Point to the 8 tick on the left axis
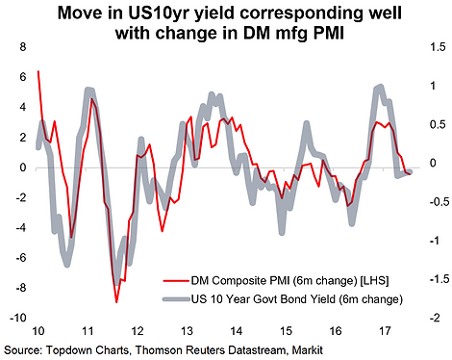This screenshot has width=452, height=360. point(23,47)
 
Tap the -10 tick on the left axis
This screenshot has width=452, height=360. point(18,318)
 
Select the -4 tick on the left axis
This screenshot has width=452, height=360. point(20,227)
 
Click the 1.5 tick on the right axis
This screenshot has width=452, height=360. point(438,47)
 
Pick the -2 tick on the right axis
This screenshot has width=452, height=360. point(435,318)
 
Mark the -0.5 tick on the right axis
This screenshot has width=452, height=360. point(438,202)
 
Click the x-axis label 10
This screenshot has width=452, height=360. point(38,331)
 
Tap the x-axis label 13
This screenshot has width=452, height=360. point(187,331)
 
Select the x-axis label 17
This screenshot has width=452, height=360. point(385,331)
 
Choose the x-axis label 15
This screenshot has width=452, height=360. point(286,331)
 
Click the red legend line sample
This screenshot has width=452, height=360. point(176,281)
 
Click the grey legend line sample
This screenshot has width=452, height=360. point(176,299)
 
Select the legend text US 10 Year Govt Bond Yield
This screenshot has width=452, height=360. point(263,299)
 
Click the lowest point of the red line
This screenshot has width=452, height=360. point(116,302)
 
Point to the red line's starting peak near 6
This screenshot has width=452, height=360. point(38,71)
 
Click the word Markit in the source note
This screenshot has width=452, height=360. point(308,349)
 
